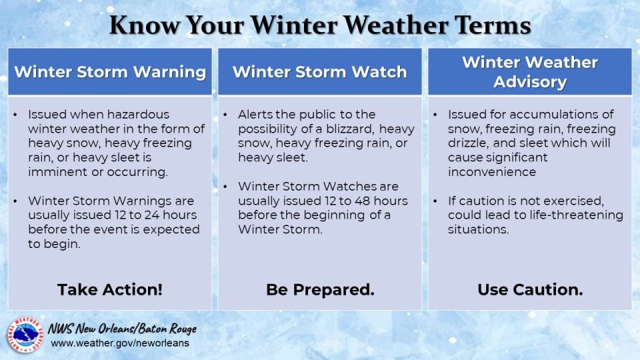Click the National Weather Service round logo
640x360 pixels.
(25, 335)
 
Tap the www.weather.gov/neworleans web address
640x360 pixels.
(120, 343)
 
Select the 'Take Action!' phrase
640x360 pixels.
(110, 289)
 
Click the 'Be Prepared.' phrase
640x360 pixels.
(320, 289)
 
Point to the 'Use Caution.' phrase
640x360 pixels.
(530, 289)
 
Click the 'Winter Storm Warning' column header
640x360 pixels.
(110, 72)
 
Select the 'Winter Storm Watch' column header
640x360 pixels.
(320, 72)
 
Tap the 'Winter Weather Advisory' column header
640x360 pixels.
(530, 72)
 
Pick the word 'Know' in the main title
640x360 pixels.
(145, 25)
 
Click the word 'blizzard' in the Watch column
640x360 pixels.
(347, 129)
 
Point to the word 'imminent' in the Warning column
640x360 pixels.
(57, 172)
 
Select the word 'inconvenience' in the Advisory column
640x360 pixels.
(492, 172)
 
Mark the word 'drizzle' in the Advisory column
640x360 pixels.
(467, 143)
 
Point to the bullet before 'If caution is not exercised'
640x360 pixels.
(435, 201)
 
